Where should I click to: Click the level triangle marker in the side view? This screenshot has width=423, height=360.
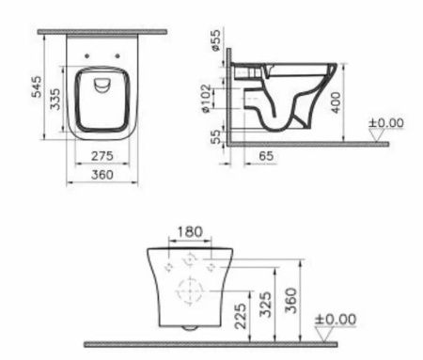coord(377,135)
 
